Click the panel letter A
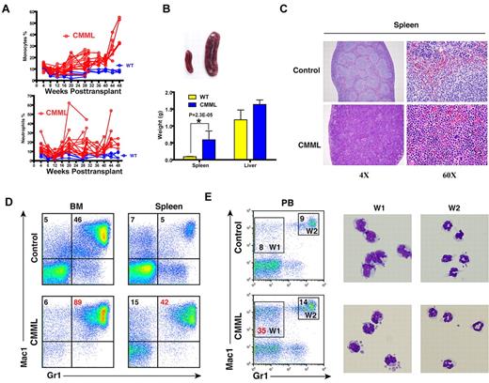pyautogui.click(x=7, y=8)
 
